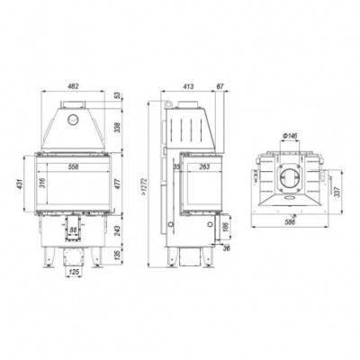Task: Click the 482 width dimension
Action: (x=74, y=87)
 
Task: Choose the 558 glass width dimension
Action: (x=74, y=167)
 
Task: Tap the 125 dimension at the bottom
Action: (x=74, y=273)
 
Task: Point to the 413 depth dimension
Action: (x=189, y=87)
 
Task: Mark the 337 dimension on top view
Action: (x=337, y=190)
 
